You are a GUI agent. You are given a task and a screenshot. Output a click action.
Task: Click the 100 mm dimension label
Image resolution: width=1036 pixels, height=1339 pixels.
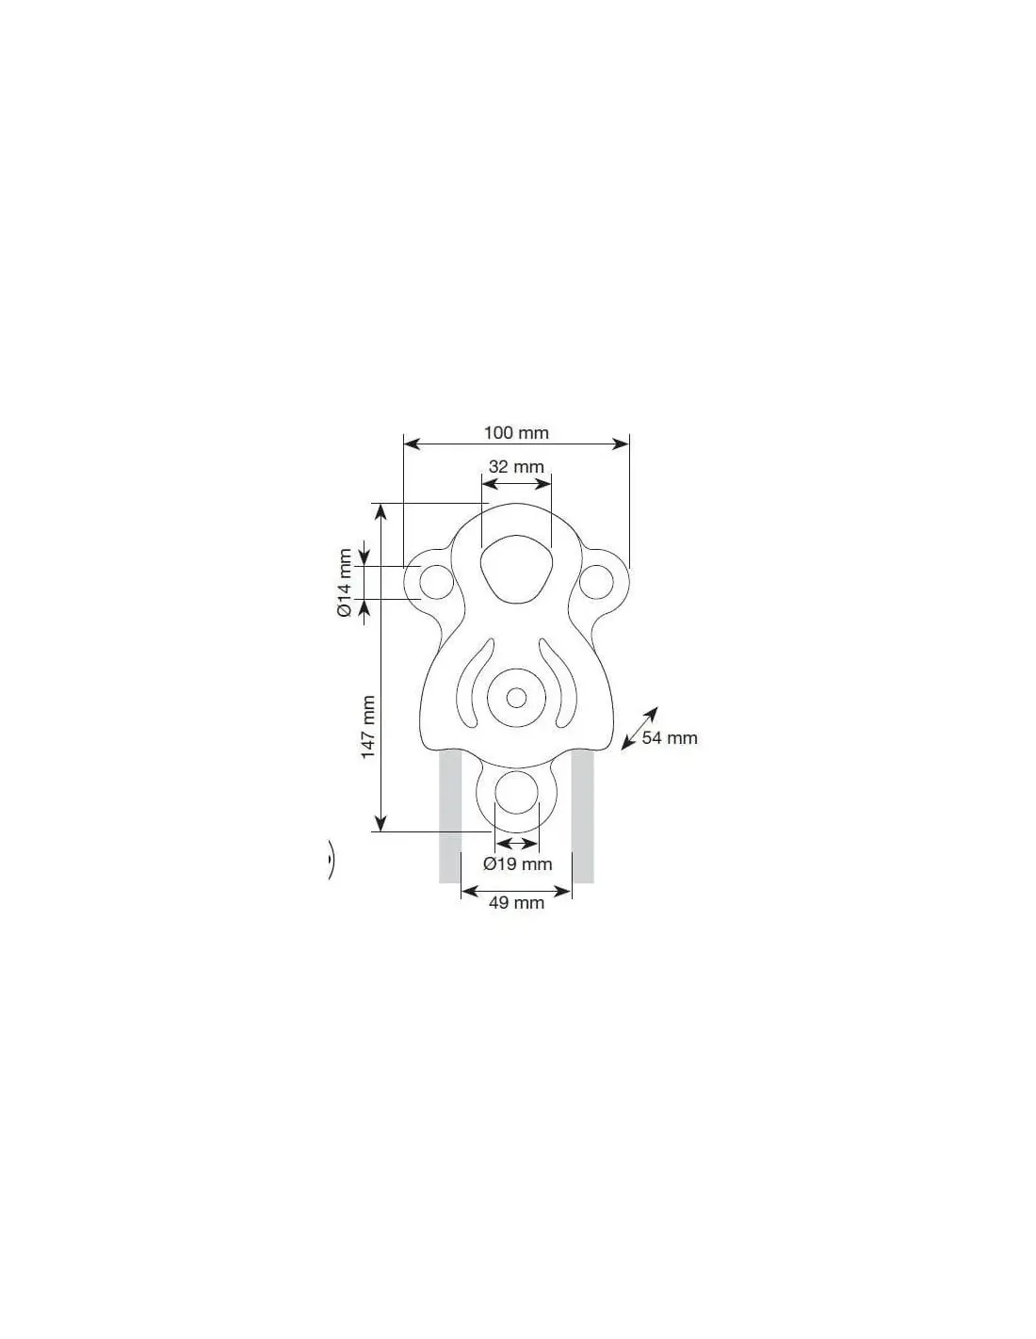pos(516,432)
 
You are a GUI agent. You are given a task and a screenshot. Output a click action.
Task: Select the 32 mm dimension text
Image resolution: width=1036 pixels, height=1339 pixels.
pos(516,466)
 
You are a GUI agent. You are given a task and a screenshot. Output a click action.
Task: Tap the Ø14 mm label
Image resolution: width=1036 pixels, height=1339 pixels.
pos(345,582)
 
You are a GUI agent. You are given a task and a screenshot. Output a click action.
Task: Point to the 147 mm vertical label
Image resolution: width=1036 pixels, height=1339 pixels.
pos(368,727)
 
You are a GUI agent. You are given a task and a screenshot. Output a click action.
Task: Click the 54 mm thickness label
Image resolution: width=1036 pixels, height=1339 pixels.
pos(670,737)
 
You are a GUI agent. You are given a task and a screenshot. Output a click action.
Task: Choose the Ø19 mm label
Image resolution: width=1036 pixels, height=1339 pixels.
pos(517,863)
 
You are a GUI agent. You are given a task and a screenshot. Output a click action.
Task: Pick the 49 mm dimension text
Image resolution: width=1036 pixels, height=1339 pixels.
pos(516,903)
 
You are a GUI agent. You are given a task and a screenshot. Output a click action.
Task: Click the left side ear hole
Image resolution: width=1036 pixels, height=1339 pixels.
pos(436,582)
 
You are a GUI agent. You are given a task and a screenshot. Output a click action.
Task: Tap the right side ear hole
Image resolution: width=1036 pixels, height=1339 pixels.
pos(596,582)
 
